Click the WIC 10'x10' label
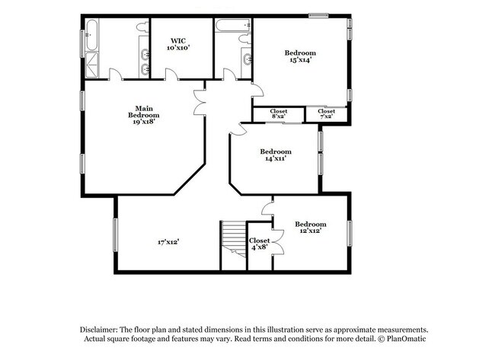(178, 44)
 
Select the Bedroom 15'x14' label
(300, 56)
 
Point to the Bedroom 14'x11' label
(276, 155)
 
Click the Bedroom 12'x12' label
(311, 228)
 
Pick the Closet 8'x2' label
(278, 113)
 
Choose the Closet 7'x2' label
(326, 113)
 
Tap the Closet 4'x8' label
(259, 243)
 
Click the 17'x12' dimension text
(168, 242)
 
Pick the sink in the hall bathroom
(245, 59)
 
